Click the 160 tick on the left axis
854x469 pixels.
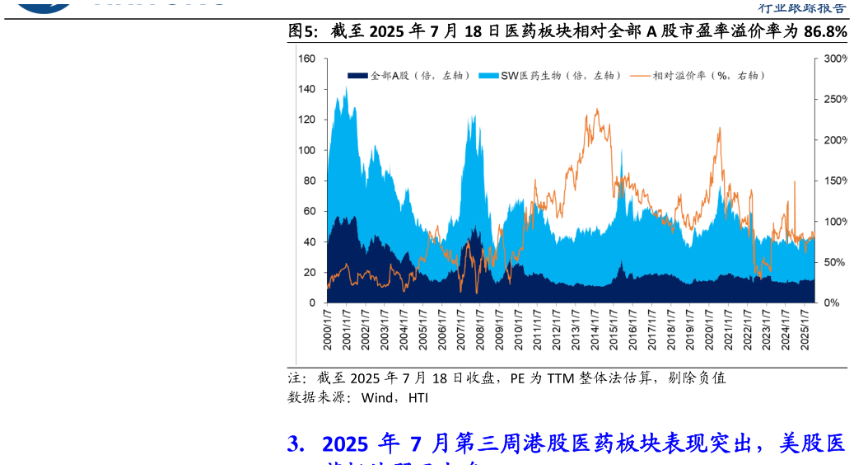click(x=307, y=59)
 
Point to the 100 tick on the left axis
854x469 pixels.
click(x=307, y=151)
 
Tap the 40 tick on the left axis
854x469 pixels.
click(x=310, y=242)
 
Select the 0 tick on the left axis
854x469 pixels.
click(x=312, y=303)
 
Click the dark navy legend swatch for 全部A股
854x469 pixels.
click(x=357, y=76)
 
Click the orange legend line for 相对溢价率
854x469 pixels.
click(x=640, y=76)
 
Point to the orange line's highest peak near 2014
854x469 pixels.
click(x=596, y=109)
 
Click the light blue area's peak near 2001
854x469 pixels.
click(x=346, y=87)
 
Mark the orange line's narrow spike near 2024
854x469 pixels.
click(x=795, y=181)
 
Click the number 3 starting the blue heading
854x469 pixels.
click(x=293, y=445)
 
